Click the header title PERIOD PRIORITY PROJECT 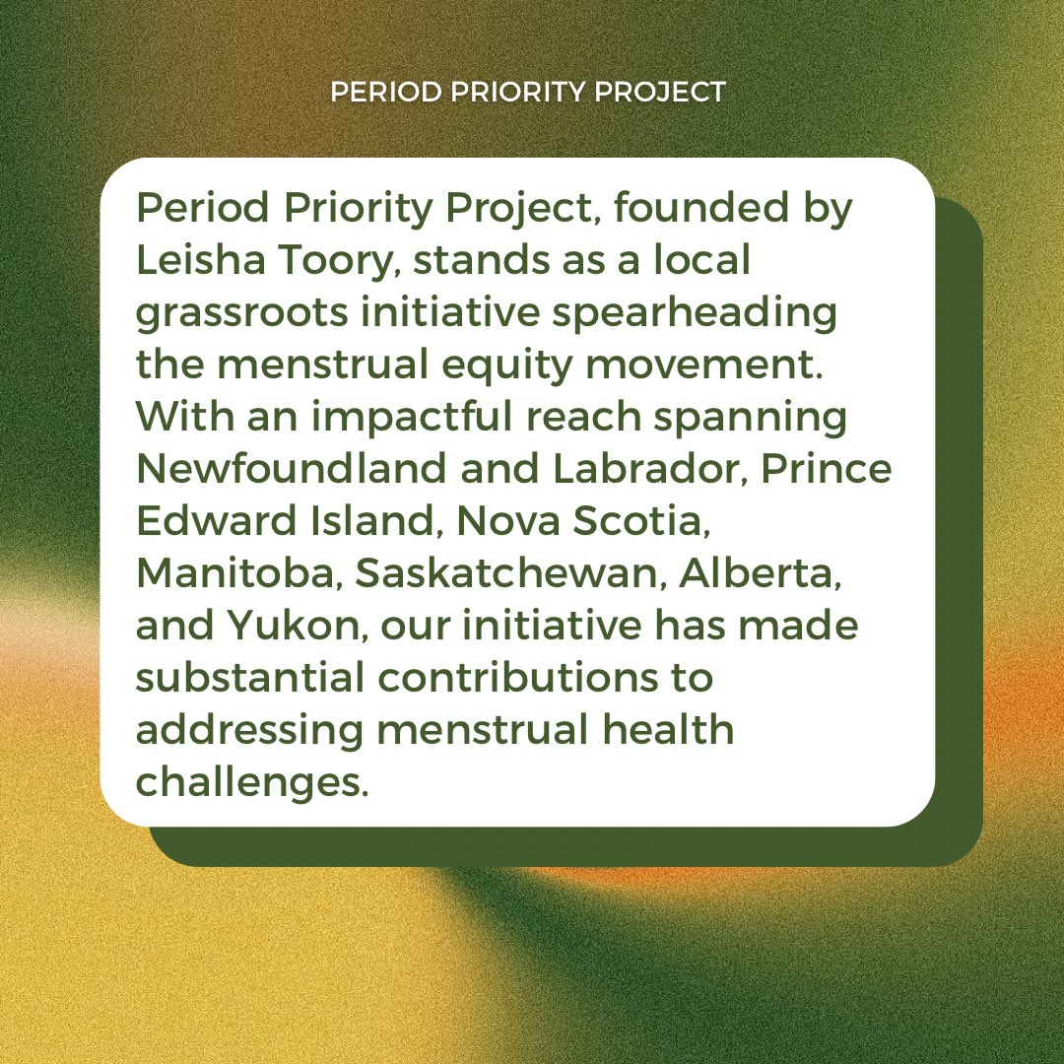pyautogui.click(x=527, y=93)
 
